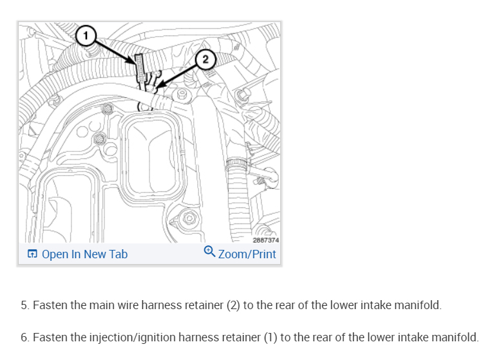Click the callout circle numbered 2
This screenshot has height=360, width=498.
[x=205, y=60]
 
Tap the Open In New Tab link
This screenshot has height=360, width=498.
[x=84, y=254]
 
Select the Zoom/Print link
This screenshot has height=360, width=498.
[x=247, y=254]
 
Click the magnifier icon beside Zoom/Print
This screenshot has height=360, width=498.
[x=209, y=253]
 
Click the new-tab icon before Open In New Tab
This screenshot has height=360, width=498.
[x=32, y=254]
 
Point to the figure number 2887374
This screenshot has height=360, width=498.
[x=265, y=240]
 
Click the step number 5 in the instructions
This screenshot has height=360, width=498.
[x=24, y=305]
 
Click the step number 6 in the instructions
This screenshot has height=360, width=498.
[x=24, y=337]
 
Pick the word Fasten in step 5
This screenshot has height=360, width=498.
[x=50, y=305]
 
